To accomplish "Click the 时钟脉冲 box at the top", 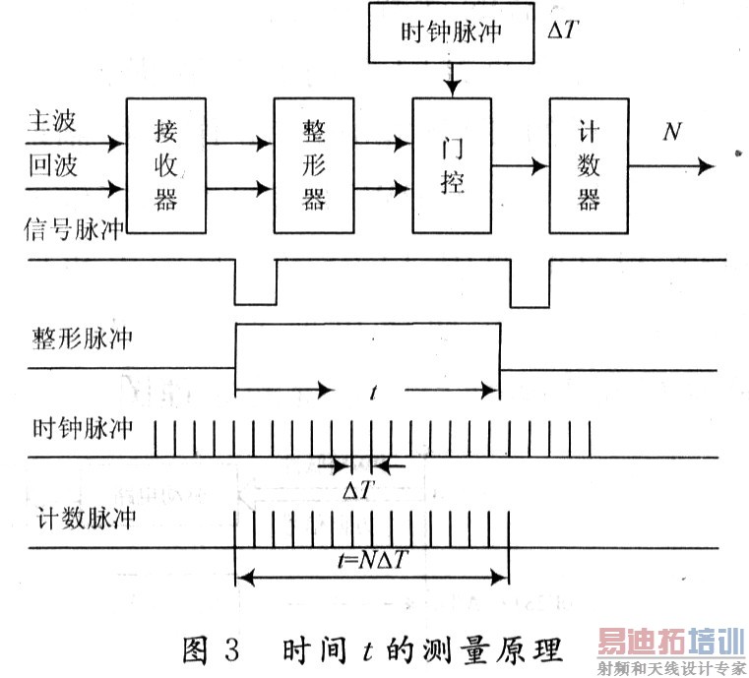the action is coord(451,32).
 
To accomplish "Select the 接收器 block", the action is coord(165,165).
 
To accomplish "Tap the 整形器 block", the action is coord(314,165).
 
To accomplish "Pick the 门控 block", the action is coord(452,165).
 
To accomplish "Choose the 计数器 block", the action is coord(589,165).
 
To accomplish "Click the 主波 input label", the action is coord(51,121).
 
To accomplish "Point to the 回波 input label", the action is coord(52,165).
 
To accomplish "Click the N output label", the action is coord(672,131).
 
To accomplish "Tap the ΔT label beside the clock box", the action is coord(564,31).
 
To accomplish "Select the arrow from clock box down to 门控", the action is coord(452,81).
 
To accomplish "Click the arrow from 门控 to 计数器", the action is coord(521,166).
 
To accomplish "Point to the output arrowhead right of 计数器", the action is coord(706,166).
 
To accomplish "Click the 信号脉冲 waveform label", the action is coord(74,229).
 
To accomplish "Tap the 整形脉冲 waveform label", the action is coord(82,339).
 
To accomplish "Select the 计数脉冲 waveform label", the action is coord(86,518).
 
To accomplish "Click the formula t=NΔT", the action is coord(372,559).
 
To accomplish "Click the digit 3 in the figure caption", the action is coord(231,648).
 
